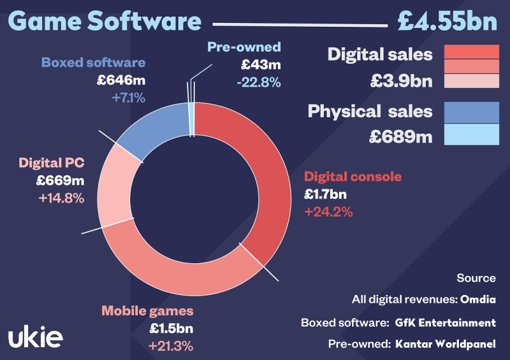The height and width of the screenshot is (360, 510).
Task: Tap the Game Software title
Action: (x=105, y=20)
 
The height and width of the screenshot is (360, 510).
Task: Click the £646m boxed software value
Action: (x=120, y=80)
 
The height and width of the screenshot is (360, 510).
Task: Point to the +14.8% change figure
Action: (x=61, y=198)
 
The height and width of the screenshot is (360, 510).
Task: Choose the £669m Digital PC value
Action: (x=61, y=181)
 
